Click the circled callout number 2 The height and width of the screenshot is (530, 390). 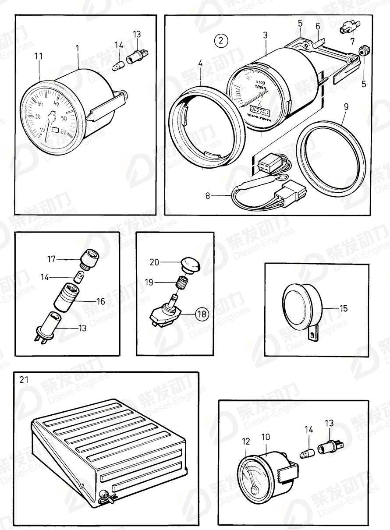[221, 41]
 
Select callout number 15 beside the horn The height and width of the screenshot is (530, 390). [344, 309]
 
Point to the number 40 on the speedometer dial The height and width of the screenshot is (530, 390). [57, 104]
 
